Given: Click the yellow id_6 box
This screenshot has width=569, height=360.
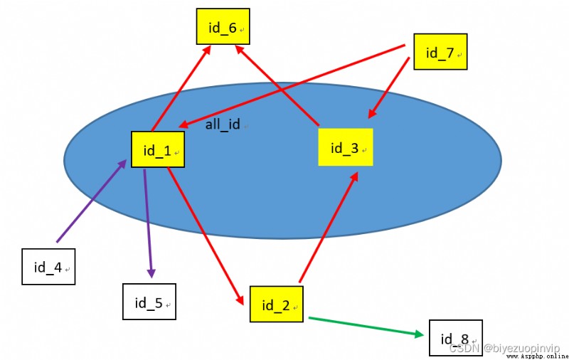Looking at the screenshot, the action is (x=223, y=26).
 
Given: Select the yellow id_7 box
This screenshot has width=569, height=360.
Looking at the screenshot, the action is (x=440, y=51).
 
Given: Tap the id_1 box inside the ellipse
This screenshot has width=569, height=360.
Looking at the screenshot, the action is (x=157, y=149).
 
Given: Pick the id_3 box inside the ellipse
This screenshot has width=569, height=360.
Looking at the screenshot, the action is (x=346, y=147).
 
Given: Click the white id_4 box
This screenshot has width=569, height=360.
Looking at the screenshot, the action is (x=48, y=266).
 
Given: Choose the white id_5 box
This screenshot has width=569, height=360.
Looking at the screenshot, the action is (x=149, y=302).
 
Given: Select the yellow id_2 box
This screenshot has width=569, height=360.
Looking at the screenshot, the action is (x=276, y=304).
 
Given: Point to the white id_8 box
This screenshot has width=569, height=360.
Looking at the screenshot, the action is (x=456, y=338).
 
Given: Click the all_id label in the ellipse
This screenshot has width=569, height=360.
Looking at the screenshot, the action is (x=223, y=125).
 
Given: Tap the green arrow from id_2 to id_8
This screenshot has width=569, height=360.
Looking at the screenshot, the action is (x=366, y=327).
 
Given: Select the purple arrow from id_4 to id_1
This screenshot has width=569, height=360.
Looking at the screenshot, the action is (x=92, y=201).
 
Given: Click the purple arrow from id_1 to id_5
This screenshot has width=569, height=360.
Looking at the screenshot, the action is (x=148, y=223).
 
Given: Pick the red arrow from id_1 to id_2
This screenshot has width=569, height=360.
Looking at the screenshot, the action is (x=206, y=236).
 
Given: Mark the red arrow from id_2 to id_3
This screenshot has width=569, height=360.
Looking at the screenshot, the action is (x=329, y=227).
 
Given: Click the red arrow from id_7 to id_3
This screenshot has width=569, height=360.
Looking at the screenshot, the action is (x=388, y=88).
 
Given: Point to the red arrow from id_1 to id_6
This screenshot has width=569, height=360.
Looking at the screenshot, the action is (x=181, y=88).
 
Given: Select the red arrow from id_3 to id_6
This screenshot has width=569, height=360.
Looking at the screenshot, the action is (x=277, y=85).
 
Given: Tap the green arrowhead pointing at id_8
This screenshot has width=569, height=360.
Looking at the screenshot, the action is (x=418, y=334).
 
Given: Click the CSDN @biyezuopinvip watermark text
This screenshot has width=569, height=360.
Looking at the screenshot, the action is (x=504, y=348).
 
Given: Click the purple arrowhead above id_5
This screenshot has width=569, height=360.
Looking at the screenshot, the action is (x=151, y=273).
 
